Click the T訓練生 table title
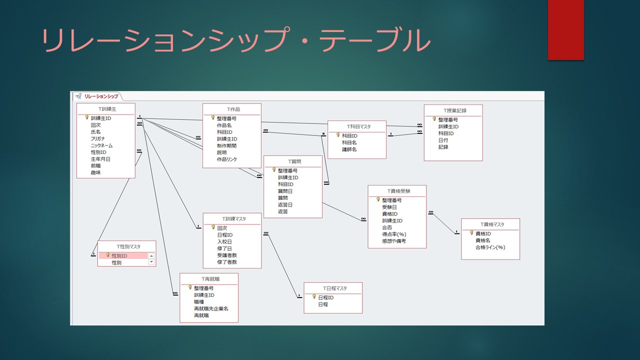[107, 109]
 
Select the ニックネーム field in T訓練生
[101, 145]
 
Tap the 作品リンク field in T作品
[227, 159]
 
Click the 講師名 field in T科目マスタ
[349, 149]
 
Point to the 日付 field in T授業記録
[443, 140]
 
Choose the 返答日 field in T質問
[285, 205]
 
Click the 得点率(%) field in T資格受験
[394, 234]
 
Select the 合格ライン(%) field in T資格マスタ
[490, 247]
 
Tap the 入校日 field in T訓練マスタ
[224, 241]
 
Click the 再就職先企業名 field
[211, 308]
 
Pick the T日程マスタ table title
[335, 288]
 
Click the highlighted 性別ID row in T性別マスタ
[123, 255]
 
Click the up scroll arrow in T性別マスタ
[151, 256]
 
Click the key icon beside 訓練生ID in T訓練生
[87, 117]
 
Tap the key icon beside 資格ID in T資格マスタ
[471, 233]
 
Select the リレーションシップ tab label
[101, 96]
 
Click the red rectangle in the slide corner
[565, 30]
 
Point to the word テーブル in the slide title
[374, 39]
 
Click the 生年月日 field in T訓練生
[100, 159]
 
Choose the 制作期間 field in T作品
[226, 145]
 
